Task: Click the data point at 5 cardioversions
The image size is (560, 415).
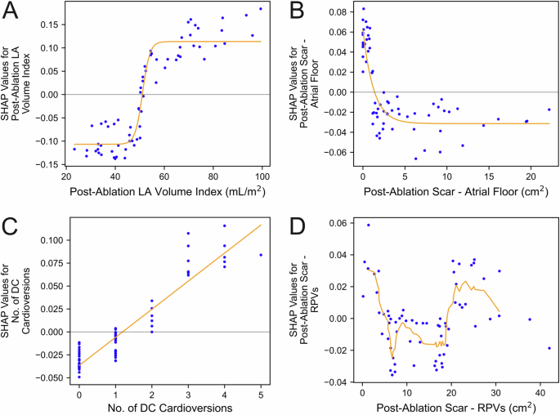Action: [261, 255]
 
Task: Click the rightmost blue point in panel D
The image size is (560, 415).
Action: [549, 348]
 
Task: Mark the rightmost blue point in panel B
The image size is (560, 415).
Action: [549, 109]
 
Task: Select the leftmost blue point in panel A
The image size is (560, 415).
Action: [74, 149]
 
